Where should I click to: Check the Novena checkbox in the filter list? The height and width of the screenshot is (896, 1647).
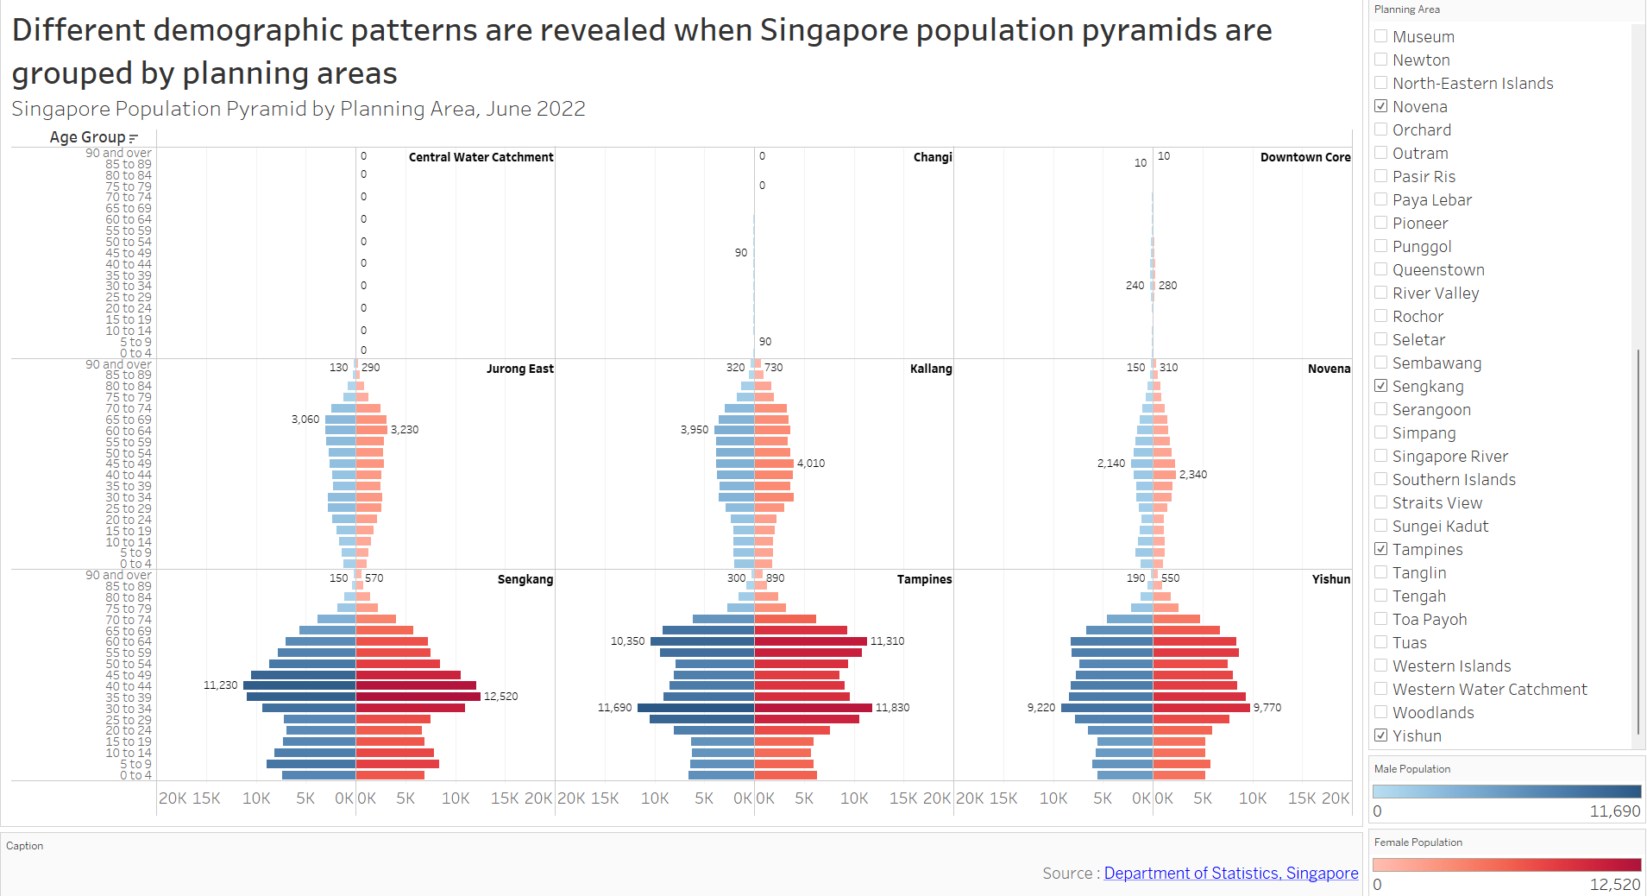point(1381,106)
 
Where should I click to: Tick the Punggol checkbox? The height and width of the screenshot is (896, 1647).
point(1381,246)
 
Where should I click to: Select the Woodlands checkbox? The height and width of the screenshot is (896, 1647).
point(1381,712)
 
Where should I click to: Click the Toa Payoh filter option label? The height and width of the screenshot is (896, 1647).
point(1429,619)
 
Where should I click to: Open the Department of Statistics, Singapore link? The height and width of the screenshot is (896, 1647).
point(1230,873)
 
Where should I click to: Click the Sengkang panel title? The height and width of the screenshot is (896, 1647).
point(525,579)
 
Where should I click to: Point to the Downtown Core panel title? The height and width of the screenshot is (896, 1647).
point(1304,157)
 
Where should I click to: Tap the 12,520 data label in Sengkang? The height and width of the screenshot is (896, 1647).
point(500,697)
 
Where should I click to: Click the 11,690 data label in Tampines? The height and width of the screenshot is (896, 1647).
point(614,708)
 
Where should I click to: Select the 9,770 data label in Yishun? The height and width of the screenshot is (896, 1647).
point(1267,708)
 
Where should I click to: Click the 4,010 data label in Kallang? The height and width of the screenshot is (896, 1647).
point(810,464)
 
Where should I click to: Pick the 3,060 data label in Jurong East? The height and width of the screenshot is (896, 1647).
point(305,420)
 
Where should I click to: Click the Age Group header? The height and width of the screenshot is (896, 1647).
point(87,137)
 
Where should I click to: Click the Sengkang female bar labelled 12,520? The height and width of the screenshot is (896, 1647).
point(418,697)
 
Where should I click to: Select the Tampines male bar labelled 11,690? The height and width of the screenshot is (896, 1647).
point(695,708)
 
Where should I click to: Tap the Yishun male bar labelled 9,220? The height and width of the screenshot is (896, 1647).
point(1107,708)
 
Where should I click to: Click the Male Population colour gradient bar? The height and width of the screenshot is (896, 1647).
point(1506,792)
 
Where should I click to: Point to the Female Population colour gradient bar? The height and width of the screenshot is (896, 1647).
point(1506,865)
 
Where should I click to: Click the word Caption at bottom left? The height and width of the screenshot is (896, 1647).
point(24,846)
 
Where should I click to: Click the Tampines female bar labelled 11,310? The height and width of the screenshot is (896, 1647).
point(810,641)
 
